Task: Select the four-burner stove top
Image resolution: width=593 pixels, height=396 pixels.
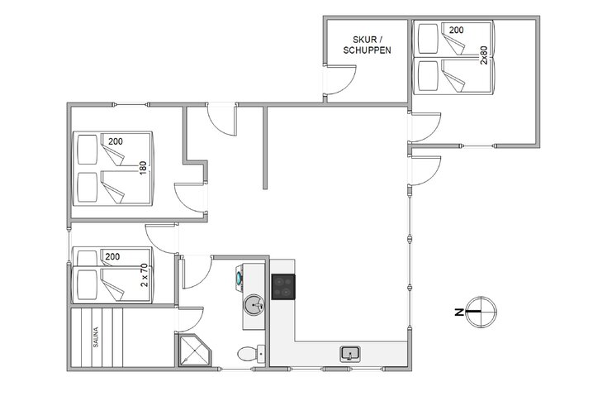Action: (x=282, y=286)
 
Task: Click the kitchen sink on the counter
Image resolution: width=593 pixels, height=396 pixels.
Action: (x=349, y=354)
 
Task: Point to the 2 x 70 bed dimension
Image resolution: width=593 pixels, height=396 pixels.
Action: (x=143, y=274)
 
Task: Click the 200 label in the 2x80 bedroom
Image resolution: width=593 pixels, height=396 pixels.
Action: (x=456, y=30)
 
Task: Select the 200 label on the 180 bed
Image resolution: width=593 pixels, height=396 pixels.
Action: (x=115, y=141)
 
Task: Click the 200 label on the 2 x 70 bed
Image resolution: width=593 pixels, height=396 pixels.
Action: (x=112, y=256)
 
